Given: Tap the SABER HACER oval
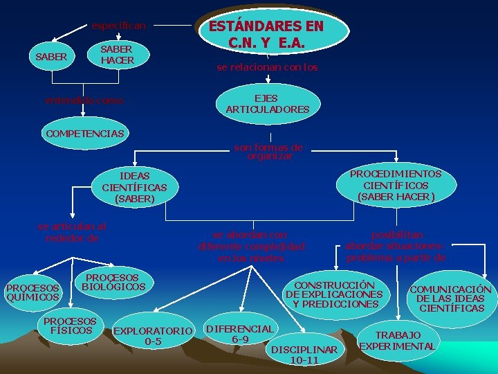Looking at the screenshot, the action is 117,55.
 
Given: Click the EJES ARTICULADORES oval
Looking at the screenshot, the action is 267,104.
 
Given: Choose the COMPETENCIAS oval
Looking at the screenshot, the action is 84,133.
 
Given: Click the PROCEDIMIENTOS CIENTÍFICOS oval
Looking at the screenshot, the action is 396,186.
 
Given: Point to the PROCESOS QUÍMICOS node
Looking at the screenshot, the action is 33,292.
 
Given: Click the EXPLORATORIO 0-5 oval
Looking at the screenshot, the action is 153,336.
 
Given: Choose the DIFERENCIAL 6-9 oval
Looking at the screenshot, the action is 240,333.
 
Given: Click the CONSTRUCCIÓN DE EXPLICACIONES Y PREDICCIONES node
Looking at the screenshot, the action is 334,294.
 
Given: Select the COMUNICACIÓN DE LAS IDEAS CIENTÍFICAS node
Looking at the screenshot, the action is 450,299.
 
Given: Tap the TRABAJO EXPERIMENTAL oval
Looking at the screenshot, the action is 398,341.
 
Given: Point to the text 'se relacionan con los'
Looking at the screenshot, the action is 267,68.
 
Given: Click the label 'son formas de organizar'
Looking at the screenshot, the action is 268,152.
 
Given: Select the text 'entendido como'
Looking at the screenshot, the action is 84,100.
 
